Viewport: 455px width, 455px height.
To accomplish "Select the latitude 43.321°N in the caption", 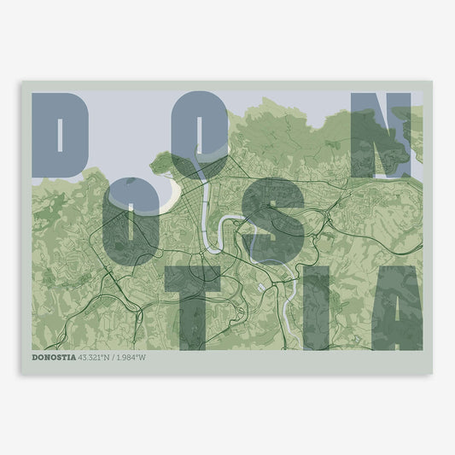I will (99, 357).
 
